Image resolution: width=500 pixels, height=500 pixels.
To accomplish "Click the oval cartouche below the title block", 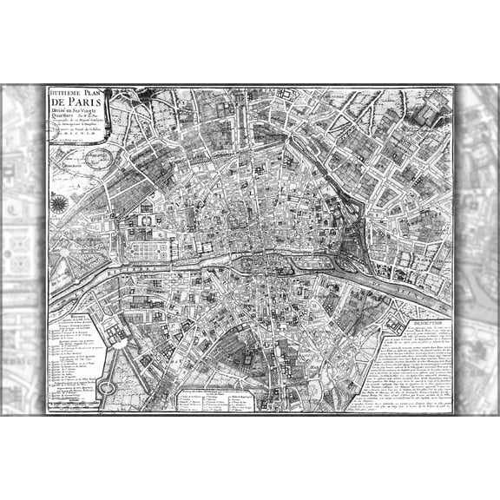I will [98, 159].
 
